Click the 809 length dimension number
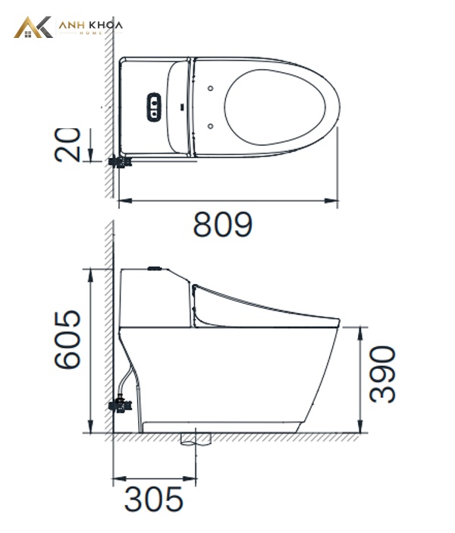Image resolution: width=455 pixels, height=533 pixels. point(222,224)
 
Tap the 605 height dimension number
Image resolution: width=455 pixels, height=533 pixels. point(67,339)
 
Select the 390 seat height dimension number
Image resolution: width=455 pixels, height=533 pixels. point(382,374)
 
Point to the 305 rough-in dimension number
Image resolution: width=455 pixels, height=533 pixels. point(153,500)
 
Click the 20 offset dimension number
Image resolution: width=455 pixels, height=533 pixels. point(67,145)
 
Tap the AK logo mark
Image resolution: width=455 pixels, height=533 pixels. point(33,27)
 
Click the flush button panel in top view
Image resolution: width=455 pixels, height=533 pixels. point(154,107)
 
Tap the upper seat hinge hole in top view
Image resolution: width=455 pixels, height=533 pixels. point(211,88)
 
